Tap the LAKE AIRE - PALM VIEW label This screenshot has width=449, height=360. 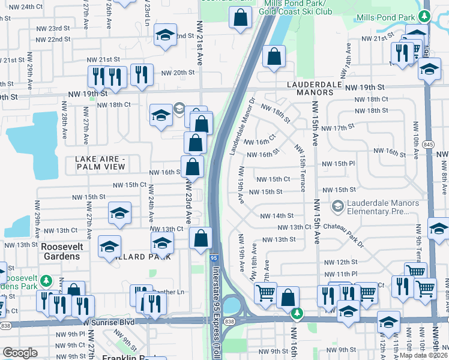click(100, 163)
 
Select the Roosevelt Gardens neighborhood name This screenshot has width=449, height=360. click(60, 252)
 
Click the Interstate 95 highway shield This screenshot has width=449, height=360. click(214, 257)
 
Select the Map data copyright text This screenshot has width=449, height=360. click(423, 355)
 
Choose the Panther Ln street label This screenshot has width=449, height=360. click(169, 292)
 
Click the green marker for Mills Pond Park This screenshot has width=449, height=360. click(424, 16)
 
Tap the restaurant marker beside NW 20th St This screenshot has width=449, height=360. click(142, 74)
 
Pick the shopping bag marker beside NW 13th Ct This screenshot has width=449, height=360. click(200, 238)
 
